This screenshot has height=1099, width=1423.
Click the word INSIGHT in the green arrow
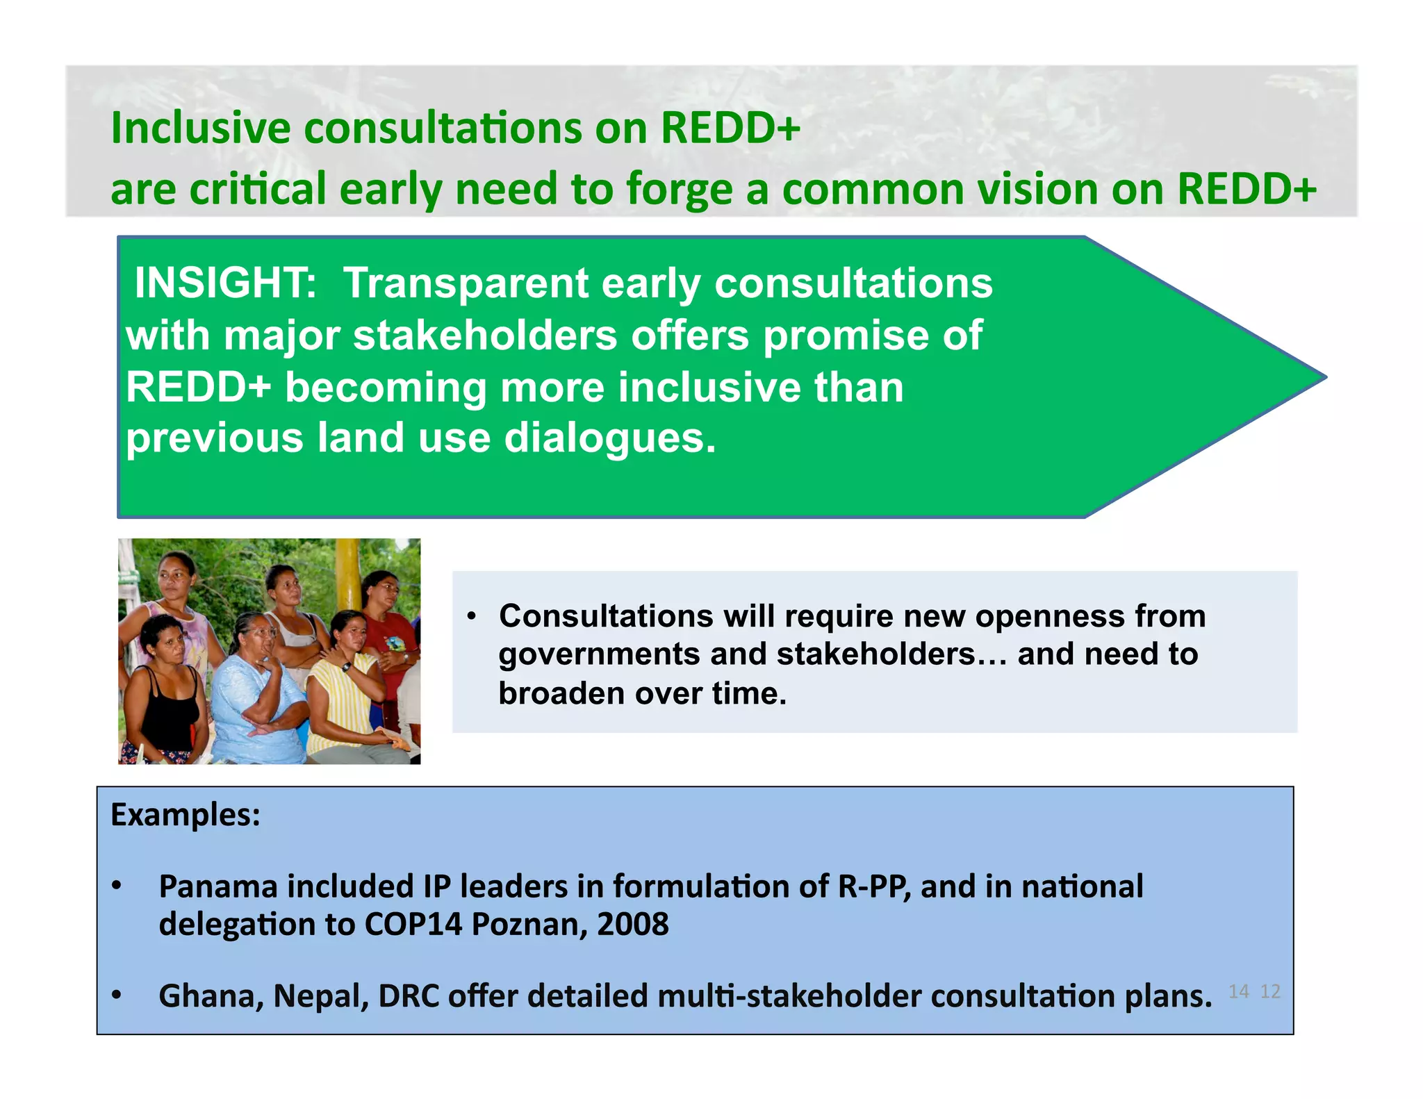pos(224,283)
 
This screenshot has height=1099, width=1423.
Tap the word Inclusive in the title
pos(201,129)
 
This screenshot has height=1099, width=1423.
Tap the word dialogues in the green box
pos(609,438)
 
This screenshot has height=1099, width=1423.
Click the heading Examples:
pos(186,815)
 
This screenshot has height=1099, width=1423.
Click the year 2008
pos(632,925)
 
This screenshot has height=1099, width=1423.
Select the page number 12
pos(1270,991)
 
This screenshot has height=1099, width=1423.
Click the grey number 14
pos(1238,991)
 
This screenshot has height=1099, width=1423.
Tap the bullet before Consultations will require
pos(471,616)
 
